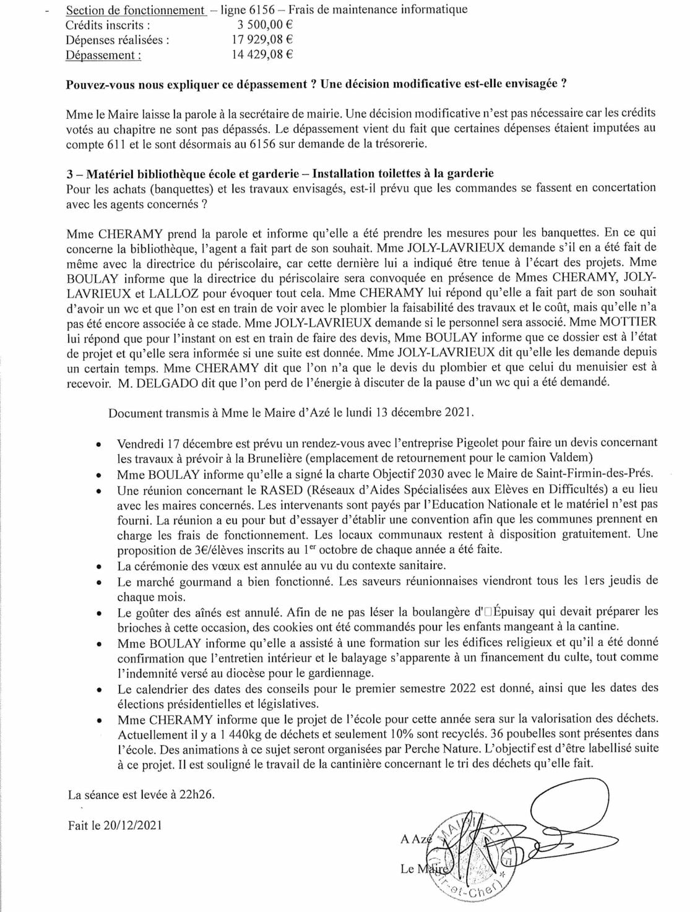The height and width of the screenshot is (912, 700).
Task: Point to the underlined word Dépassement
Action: point(103,55)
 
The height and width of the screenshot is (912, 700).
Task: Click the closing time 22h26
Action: point(197,795)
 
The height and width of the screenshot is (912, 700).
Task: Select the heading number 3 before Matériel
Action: point(69,173)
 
